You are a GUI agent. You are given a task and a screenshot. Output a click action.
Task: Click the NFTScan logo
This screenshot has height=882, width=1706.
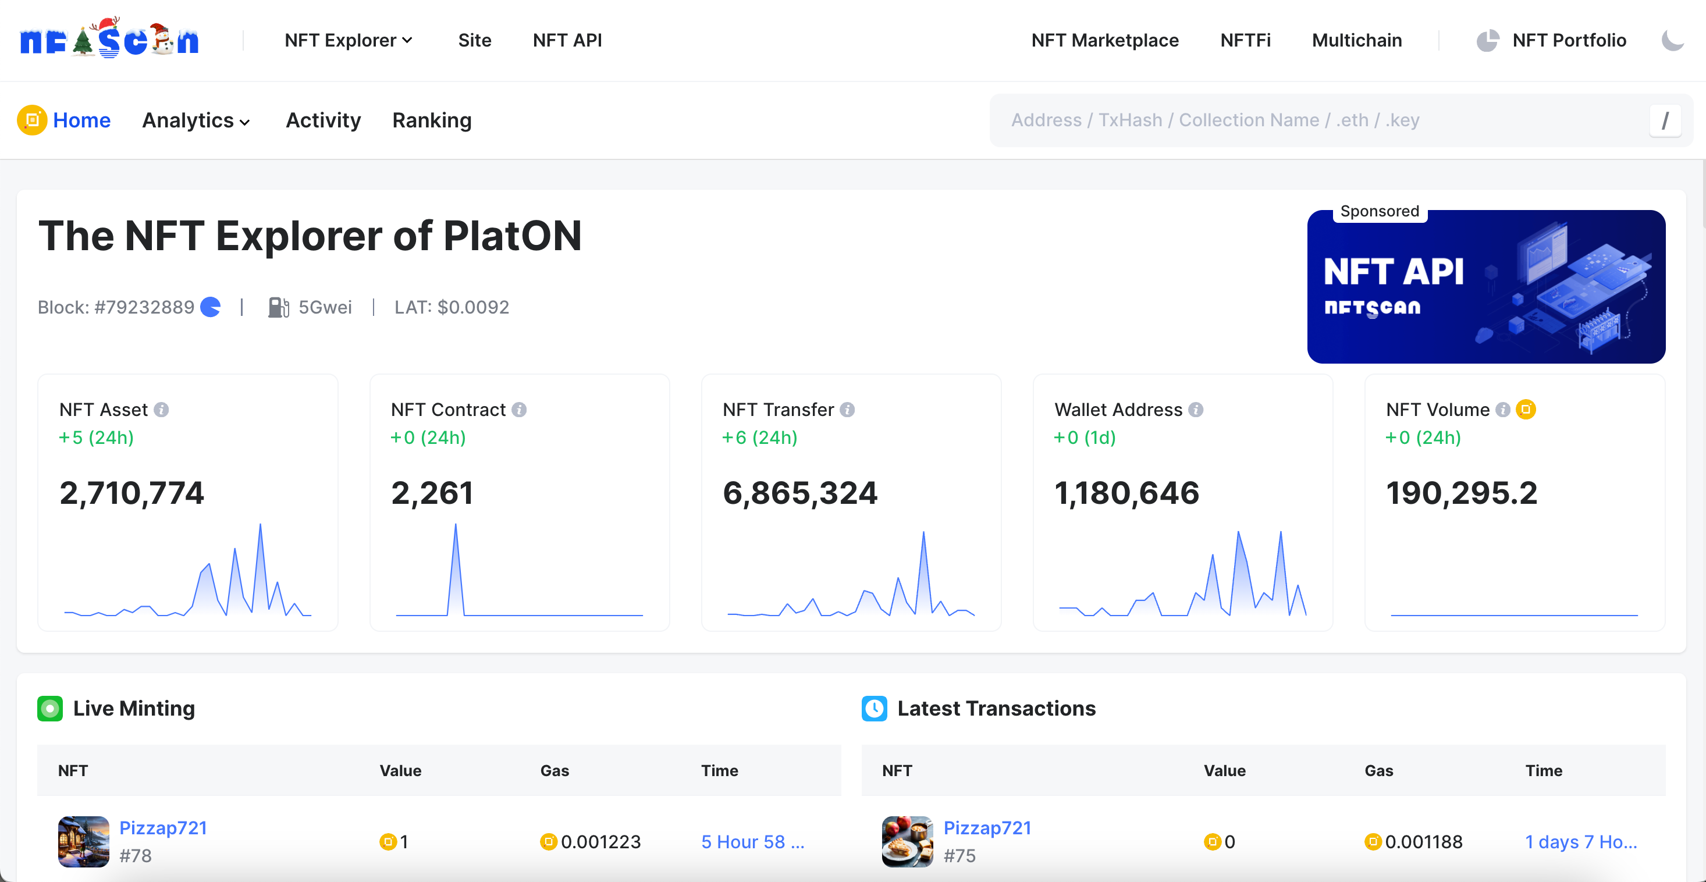(x=109, y=40)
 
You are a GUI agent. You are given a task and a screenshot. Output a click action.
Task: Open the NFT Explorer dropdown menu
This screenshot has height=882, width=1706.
(x=349, y=40)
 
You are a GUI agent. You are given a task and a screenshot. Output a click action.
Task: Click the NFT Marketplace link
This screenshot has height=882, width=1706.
(x=1105, y=40)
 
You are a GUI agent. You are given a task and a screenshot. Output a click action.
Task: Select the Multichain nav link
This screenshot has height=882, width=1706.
(x=1356, y=40)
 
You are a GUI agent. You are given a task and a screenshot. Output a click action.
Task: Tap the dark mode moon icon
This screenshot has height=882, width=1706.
(x=1672, y=40)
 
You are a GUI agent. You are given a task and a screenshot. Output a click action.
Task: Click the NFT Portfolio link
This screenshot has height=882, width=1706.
(x=1568, y=40)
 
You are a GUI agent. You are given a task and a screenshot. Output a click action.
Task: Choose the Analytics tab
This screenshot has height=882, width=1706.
(x=196, y=120)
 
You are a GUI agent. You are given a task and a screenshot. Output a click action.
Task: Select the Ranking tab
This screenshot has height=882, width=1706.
(x=432, y=120)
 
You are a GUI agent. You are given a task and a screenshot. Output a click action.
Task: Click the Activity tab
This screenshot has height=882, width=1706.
(x=323, y=120)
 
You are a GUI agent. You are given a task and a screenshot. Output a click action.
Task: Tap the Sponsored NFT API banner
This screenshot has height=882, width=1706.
(x=1485, y=287)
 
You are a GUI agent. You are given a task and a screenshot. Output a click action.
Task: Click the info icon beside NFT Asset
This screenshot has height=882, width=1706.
(x=162, y=410)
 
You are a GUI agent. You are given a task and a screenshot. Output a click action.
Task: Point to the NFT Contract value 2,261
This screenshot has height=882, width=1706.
(x=432, y=493)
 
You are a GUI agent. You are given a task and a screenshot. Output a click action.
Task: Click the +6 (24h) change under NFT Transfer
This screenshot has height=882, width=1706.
(x=760, y=438)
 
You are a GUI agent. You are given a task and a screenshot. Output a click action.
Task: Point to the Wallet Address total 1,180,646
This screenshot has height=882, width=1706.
(x=1126, y=493)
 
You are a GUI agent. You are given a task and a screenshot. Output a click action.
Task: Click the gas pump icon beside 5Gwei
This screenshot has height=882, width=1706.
(x=278, y=307)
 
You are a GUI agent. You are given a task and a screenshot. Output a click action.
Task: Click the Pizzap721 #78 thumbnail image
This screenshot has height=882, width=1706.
(x=83, y=842)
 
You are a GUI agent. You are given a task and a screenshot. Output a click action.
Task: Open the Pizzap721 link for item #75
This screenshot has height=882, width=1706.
(x=987, y=828)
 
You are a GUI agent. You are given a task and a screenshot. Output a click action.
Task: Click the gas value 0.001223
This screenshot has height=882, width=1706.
(x=600, y=842)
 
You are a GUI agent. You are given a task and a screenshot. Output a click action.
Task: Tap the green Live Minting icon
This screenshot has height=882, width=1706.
(x=49, y=709)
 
